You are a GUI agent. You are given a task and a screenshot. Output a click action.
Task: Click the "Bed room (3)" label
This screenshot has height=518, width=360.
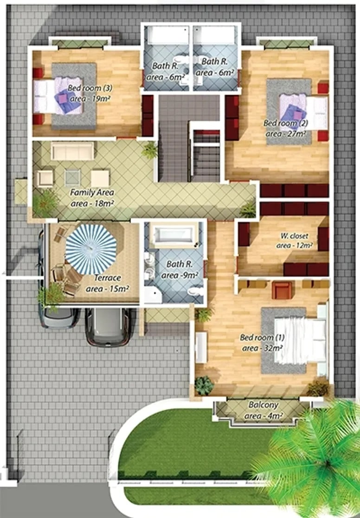pos(90,88)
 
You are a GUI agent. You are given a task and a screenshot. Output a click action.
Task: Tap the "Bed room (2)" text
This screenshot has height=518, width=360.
pos(286,123)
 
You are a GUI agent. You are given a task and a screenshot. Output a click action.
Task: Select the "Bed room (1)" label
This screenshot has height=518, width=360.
pos(262,337)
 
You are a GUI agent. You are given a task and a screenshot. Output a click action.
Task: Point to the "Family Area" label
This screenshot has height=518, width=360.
pos(92,192)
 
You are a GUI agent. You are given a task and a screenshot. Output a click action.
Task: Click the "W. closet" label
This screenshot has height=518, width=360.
pos(294,236)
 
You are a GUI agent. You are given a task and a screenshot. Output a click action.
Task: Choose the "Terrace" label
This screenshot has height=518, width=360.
pos(107,278)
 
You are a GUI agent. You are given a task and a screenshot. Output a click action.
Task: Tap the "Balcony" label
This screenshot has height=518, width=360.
pos(263,405)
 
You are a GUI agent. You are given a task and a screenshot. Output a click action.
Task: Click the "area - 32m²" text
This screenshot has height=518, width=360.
pos(262,348)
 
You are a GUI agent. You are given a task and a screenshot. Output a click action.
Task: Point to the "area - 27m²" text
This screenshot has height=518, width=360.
pos(286,134)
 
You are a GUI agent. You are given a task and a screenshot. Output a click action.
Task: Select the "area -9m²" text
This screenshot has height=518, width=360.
pos(180,275)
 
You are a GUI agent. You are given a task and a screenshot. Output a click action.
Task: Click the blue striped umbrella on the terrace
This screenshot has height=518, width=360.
pos(91,249)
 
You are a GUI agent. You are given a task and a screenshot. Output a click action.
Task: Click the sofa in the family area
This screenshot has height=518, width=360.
pos(72,151)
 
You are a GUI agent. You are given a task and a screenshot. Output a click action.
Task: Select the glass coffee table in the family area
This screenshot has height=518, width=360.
pos(72,178)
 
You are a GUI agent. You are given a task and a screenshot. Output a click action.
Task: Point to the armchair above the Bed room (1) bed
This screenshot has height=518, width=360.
pos(282,290)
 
